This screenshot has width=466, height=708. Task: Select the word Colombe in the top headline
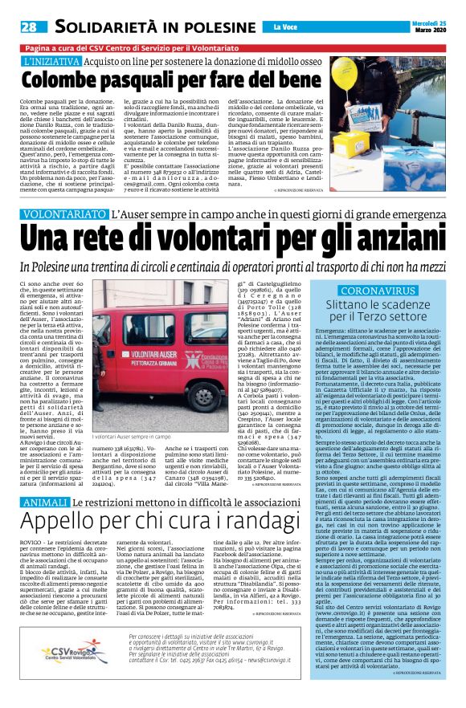click(60, 81)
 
